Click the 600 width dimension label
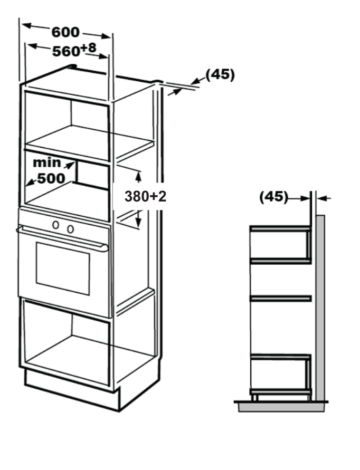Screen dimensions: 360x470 65,32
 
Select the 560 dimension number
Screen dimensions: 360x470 66,52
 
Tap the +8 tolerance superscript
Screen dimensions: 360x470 88,47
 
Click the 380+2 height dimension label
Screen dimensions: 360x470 145,197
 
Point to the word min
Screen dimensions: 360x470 47,163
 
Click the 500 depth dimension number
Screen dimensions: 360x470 51,179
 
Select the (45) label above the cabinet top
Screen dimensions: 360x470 220,74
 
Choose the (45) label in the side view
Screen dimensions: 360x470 273,197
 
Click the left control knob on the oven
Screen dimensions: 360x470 55,225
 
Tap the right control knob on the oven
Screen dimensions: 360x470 71,229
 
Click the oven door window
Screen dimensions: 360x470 63,268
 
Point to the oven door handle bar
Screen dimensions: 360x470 62,239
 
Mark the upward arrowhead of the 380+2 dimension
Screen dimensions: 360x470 138,177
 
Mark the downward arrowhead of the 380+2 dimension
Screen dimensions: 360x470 138,221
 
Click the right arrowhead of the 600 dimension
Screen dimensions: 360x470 106,36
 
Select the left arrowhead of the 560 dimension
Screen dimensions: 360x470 32,46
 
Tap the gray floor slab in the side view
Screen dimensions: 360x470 281,407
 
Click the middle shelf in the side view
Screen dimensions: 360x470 281,299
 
